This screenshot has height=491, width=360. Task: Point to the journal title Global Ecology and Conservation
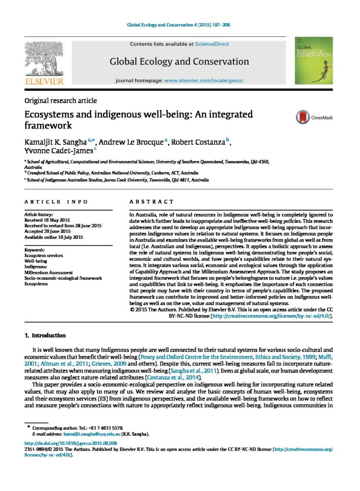179,62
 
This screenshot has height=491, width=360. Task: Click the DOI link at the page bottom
70,444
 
